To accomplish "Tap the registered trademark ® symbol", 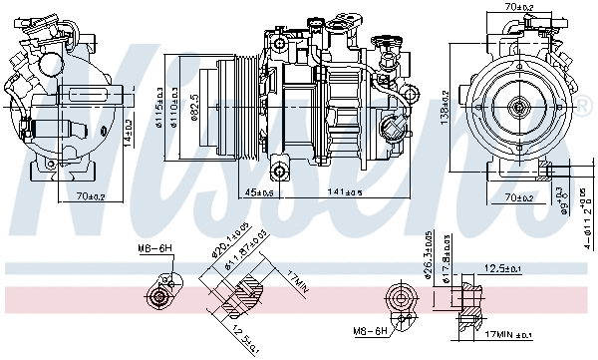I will pyautogui.click(x=584, y=106).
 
